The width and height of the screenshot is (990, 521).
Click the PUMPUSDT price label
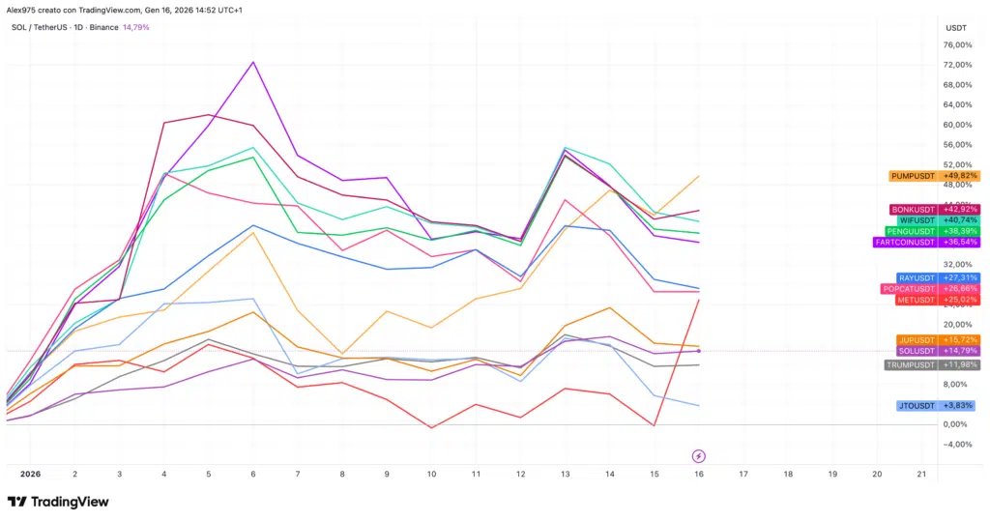914,176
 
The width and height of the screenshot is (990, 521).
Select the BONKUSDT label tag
914,209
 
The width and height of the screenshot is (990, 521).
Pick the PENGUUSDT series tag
911,231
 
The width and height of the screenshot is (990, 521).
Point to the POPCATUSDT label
909,288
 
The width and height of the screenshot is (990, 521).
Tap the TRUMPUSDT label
911,364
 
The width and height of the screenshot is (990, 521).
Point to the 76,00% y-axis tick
957,44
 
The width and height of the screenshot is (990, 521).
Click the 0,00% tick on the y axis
957,424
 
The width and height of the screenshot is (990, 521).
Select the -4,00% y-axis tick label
957,445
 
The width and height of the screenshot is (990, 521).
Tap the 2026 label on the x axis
30,475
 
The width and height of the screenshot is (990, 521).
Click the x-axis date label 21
921,475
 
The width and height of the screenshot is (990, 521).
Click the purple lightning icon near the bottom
699,455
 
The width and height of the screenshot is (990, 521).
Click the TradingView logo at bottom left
58,502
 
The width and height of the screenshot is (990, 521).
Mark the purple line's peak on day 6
253,62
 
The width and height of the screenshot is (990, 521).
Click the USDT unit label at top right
954,27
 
